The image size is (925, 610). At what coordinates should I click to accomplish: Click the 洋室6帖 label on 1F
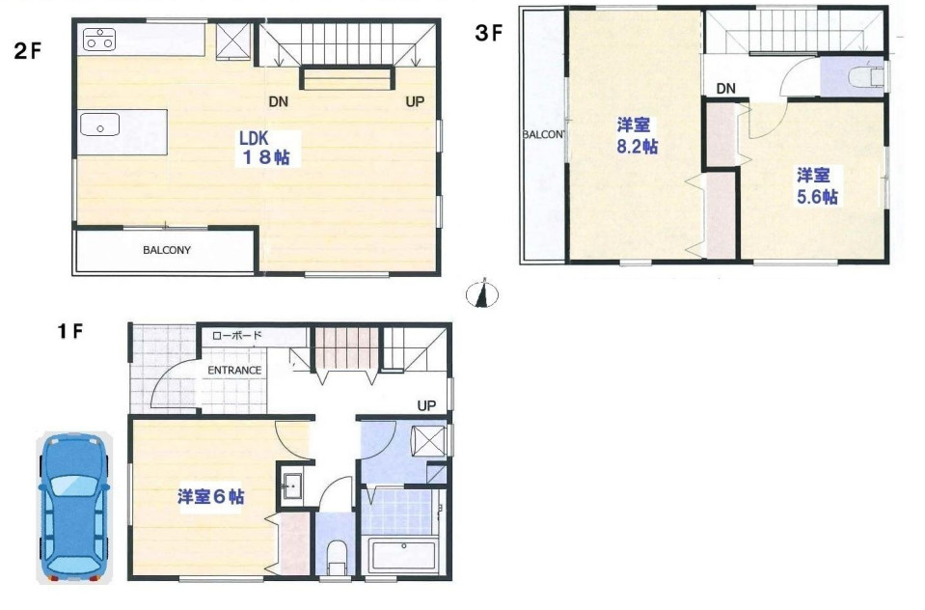(210, 497)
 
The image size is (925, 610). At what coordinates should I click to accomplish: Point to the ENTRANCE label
(234, 370)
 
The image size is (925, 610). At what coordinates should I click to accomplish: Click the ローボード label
(237, 336)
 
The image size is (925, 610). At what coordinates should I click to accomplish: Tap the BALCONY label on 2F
(167, 250)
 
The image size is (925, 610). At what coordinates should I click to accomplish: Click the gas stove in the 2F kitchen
(99, 39)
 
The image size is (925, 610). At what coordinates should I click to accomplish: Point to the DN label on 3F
(726, 90)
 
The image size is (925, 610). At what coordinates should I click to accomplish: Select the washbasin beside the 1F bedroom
(291, 485)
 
